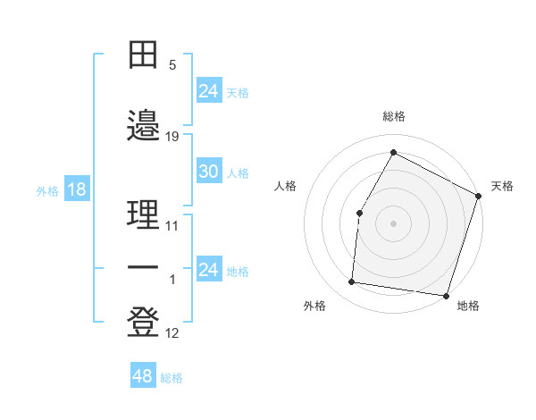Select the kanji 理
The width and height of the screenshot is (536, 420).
144,214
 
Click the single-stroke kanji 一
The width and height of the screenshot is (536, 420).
144,268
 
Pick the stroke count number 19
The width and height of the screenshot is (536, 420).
172,136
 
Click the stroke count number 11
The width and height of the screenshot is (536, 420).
172,226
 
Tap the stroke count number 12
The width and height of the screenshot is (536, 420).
172,334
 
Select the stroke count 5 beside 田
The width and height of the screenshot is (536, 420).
172,65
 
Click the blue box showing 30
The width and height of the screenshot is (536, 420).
208,172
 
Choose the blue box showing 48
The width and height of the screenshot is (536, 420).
143,376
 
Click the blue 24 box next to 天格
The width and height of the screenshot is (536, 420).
208,91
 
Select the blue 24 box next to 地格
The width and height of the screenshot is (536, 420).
208,270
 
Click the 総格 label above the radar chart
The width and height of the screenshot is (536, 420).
394,116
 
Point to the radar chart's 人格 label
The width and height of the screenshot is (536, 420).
286,186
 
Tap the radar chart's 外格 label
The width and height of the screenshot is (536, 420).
314,306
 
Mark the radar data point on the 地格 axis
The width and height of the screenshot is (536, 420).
446,296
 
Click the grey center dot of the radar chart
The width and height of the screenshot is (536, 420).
393,223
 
